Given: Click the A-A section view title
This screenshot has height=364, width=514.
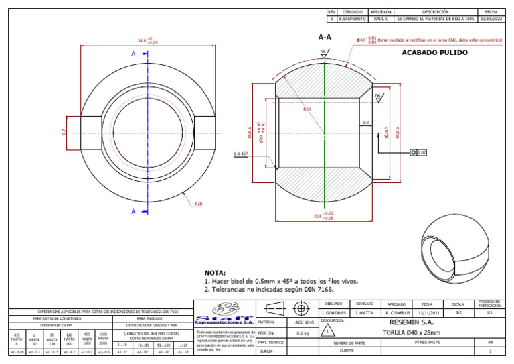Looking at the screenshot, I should (x=325, y=38).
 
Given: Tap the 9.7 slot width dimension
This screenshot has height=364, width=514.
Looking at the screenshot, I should (x=64, y=133).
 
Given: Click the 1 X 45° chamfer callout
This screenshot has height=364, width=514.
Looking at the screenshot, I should (x=241, y=154).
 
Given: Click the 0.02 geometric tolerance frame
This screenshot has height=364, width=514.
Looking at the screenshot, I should (x=417, y=153).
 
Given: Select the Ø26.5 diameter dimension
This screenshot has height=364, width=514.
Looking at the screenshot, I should (x=387, y=133).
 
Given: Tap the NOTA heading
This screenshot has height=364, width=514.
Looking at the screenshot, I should (x=215, y=274).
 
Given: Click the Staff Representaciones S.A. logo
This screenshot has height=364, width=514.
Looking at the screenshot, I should (x=223, y=313).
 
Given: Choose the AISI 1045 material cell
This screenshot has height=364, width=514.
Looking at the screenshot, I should (x=305, y=322).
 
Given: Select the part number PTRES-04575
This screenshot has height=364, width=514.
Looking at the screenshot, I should (x=428, y=342).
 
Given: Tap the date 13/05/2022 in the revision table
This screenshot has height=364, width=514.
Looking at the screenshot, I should (x=491, y=20).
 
